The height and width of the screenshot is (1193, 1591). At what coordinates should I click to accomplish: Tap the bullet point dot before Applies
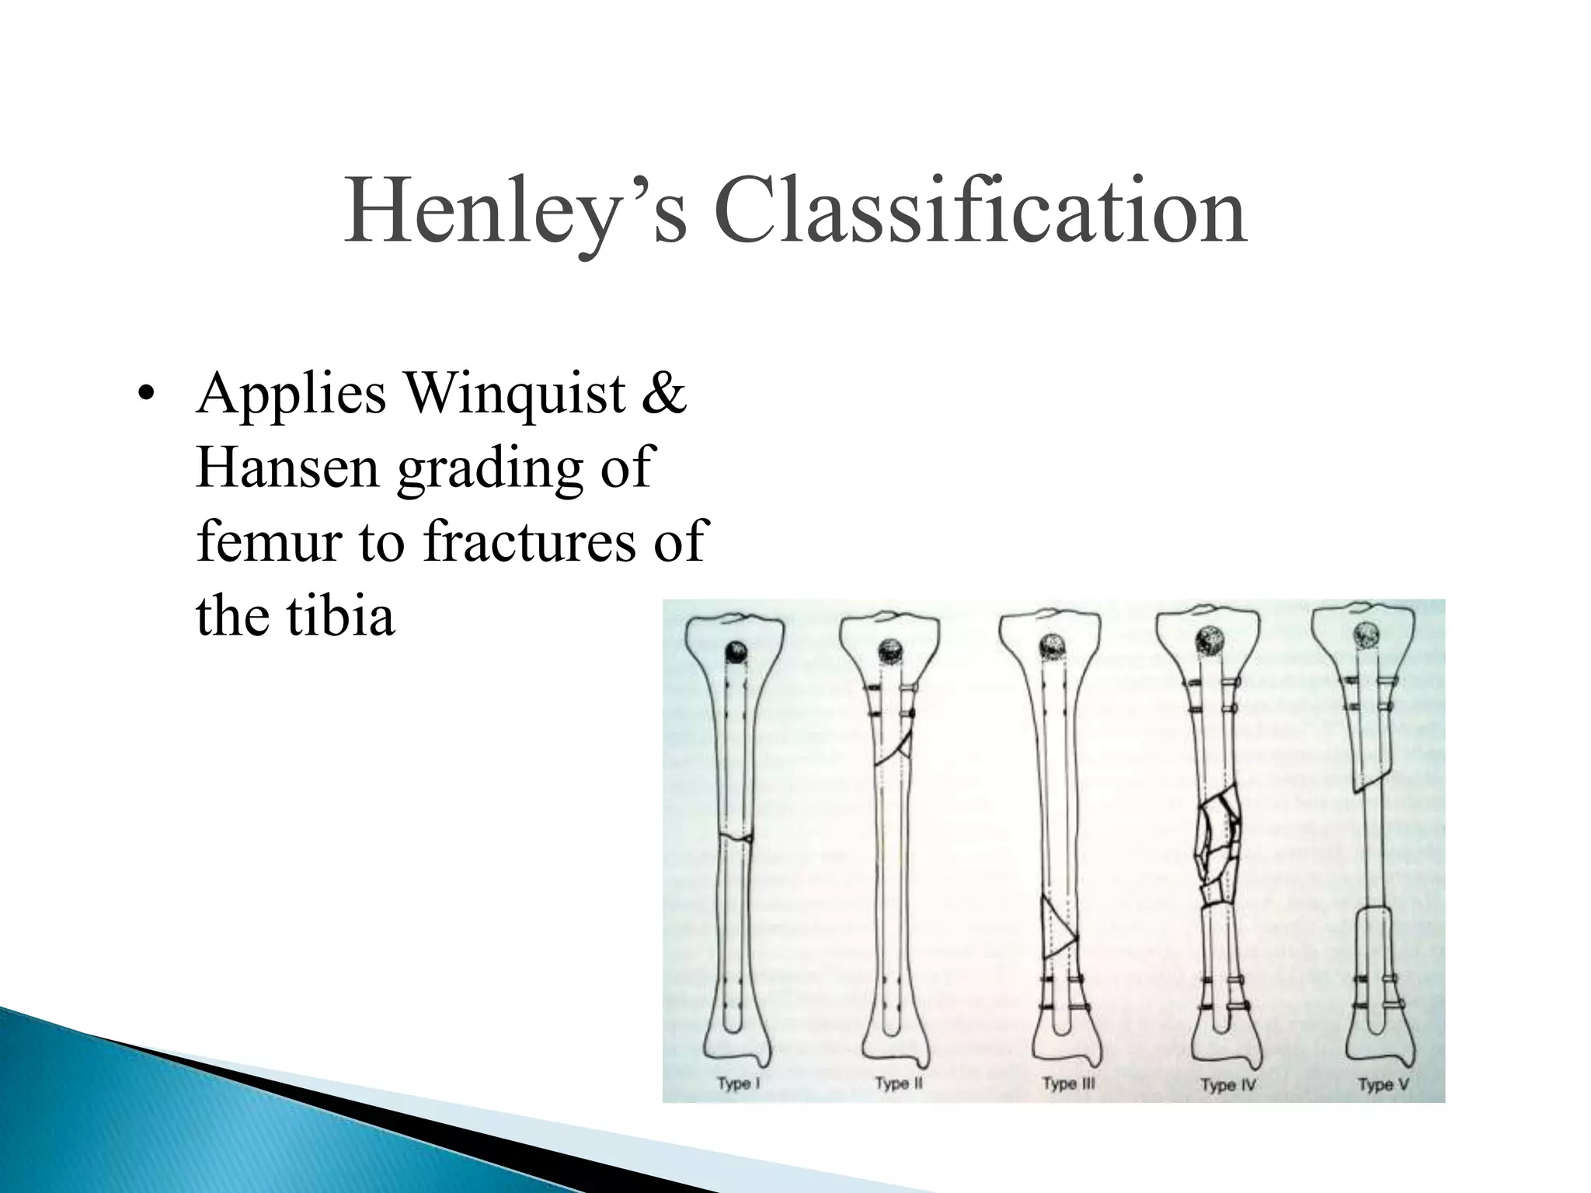tap(144, 395)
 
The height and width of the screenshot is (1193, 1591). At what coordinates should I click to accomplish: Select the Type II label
tap(899, 1083)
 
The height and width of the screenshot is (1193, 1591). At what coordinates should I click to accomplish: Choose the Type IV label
tap(1229, 1084)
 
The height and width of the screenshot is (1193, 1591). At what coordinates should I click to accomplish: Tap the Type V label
tap(1383, 1084)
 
